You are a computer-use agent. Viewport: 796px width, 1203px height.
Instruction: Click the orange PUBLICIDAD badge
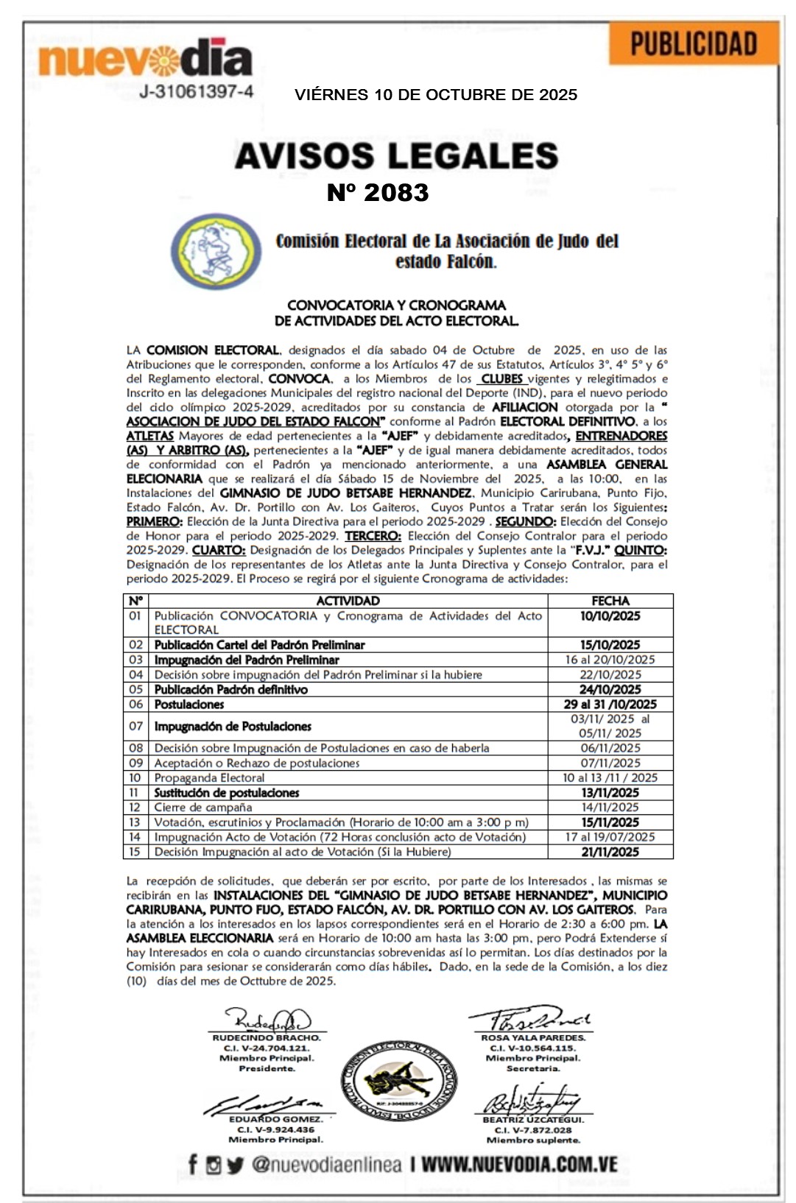coord(694,43)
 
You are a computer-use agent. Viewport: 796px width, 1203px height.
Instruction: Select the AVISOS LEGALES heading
coord(396,155)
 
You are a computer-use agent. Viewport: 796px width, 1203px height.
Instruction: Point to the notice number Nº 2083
coord(378,193)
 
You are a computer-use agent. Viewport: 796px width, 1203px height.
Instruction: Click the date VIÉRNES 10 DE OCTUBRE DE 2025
coord(436,95)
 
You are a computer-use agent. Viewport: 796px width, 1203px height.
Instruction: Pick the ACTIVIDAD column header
coord(348,601)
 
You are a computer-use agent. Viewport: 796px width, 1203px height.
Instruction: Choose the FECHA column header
coord(610,601)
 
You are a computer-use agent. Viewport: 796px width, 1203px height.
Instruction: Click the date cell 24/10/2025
coord(610,690)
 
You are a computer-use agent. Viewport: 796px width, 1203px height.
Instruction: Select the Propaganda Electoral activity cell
coord(209,778)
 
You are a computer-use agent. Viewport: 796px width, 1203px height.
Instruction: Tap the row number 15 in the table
coord(135,852)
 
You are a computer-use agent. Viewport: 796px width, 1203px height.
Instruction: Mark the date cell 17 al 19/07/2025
coord(610,837)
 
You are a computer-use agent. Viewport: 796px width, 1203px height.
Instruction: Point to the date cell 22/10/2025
coord(610,675)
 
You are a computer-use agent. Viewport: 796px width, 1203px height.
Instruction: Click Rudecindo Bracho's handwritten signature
coord(267,1020)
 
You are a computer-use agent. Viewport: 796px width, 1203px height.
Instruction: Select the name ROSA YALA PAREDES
coord(533,1037)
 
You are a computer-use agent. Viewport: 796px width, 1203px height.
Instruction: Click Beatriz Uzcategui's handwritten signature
coord(532,1101)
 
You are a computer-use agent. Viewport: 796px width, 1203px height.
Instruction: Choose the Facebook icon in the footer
coord(193,1165)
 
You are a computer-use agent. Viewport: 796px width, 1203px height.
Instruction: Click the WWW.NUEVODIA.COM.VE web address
coord(519,1165)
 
